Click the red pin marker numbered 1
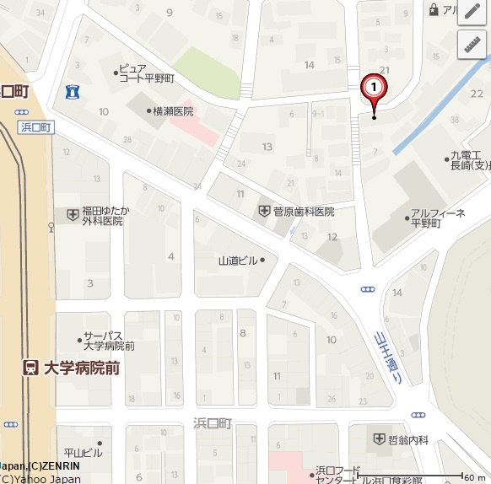coord(374,88)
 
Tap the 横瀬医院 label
coord(173,111)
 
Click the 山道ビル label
coord(238,261)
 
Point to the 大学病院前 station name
coord(82,367)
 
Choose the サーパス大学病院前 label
coord(108,340)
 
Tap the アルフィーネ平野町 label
coord(437,218)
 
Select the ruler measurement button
coord(472,45)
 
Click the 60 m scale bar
coord(462,477)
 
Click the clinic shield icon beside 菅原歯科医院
coord(264,212)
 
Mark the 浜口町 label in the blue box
coord(35,127)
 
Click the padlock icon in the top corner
coord(434,9)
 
